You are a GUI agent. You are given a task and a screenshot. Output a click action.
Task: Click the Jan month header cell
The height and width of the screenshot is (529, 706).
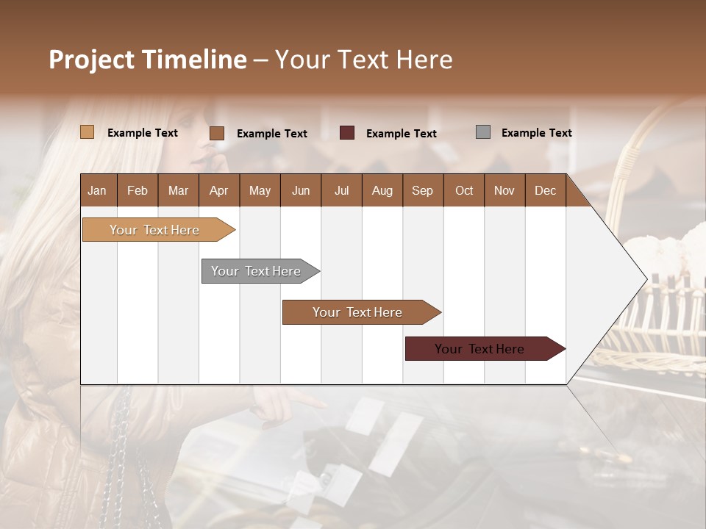coord(98,190)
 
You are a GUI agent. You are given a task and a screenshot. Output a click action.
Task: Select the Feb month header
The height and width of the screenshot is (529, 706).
coord(138,190)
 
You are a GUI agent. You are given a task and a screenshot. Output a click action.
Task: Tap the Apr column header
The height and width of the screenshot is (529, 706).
coord(218,190)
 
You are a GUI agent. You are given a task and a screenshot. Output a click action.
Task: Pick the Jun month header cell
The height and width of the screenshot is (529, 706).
coord(301,190)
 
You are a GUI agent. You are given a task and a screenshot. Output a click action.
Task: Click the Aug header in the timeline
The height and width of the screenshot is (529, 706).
coord(382,190)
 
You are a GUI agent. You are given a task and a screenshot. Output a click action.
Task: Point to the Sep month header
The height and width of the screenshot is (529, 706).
coord(422,190)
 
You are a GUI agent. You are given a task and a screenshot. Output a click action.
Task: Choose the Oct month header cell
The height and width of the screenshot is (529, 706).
coord(464,190)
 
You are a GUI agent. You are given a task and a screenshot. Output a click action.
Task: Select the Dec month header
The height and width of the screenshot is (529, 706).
coord(545,190)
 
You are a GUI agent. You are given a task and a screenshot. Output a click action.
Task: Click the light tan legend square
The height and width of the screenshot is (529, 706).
coord(87,132)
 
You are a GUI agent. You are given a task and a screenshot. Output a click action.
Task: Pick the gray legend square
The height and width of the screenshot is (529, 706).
coord(483,132)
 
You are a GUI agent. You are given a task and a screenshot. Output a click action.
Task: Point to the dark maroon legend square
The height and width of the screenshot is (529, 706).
coord(347,132)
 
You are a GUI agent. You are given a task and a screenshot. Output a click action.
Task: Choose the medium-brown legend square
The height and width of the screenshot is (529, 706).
coord(217,133)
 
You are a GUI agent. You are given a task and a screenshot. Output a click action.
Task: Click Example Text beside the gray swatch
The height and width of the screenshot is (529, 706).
coord(536,133)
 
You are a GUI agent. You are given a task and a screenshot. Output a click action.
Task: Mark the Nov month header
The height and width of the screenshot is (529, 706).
coord(504,190)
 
